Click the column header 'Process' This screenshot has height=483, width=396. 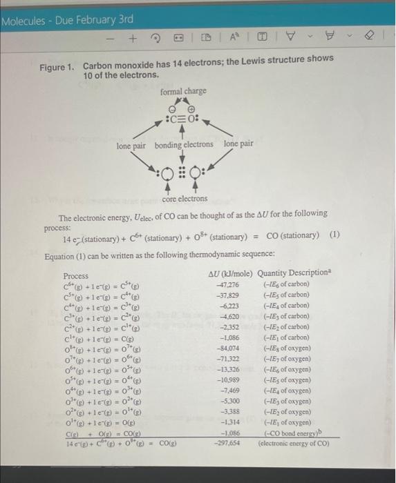(76, 275)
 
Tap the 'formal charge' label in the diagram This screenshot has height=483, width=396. (182, 92)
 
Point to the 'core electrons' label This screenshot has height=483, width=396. (185, 199)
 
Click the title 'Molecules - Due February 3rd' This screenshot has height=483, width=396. (68, 19)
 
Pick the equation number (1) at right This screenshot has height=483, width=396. (334, 235)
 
